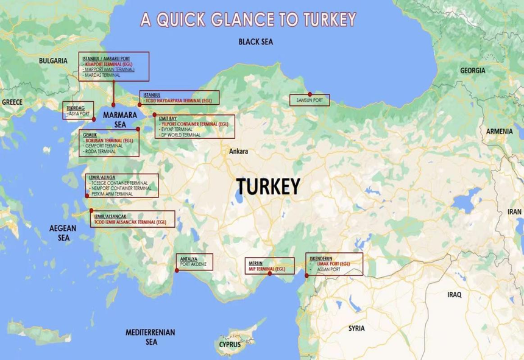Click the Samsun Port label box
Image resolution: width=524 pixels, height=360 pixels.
point(310,101)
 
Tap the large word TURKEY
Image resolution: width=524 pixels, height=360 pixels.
point(268,186)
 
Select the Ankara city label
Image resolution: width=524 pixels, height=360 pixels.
point(238,151)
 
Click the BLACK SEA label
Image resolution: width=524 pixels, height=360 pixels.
point(255,41)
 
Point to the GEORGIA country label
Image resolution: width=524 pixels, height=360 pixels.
point(472,71)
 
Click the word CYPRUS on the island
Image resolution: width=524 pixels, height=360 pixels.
point(230,345)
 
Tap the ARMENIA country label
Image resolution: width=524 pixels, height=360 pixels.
point(499,132)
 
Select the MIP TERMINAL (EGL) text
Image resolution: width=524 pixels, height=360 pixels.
point(267,269)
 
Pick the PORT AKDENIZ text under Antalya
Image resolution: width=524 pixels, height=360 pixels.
point(194,264)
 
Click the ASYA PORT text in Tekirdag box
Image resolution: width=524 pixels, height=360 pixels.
point(79,113)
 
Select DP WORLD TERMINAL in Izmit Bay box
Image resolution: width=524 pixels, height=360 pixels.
point(180,135)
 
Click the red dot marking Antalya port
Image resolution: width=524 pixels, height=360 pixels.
point(177,270)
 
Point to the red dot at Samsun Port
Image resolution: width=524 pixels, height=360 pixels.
point(310,94)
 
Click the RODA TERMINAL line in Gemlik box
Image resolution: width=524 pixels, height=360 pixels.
point(100,151)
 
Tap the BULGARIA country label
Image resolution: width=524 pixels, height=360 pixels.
point(53,61)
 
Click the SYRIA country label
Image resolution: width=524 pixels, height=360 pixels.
point(356,328)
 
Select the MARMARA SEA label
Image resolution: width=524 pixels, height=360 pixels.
point(119,119)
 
